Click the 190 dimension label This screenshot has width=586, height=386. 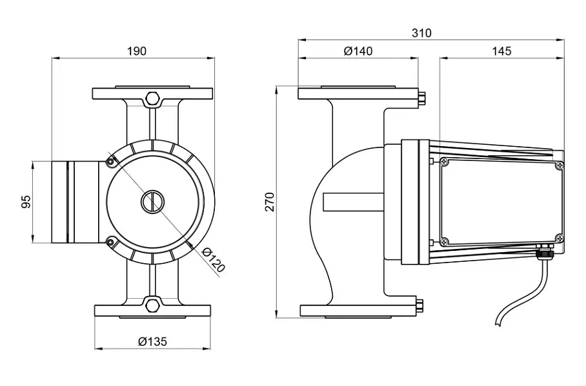(137, 51)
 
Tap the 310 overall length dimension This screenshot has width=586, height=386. (421, 33)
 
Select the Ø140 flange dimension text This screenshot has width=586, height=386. (358, 51)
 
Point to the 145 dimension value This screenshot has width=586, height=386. (501, 51)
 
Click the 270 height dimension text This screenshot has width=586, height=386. (270, 202)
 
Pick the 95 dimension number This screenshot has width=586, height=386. (26, 202)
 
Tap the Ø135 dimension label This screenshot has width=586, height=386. (152, 341)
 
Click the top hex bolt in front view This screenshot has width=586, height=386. (152, 98)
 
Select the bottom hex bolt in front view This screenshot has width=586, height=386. (152, 304)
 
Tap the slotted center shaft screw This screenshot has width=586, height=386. (152, 202)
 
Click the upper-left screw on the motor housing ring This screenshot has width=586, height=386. (110, 162)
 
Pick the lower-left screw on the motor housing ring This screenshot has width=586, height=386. (110, 242)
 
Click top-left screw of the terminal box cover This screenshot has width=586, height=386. (444, 162)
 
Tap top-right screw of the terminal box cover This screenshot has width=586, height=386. (559, 165)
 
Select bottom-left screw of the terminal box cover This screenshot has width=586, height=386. (444, 242)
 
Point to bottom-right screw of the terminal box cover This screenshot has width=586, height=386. (559, 237)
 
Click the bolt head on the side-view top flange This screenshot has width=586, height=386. (422, 99)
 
